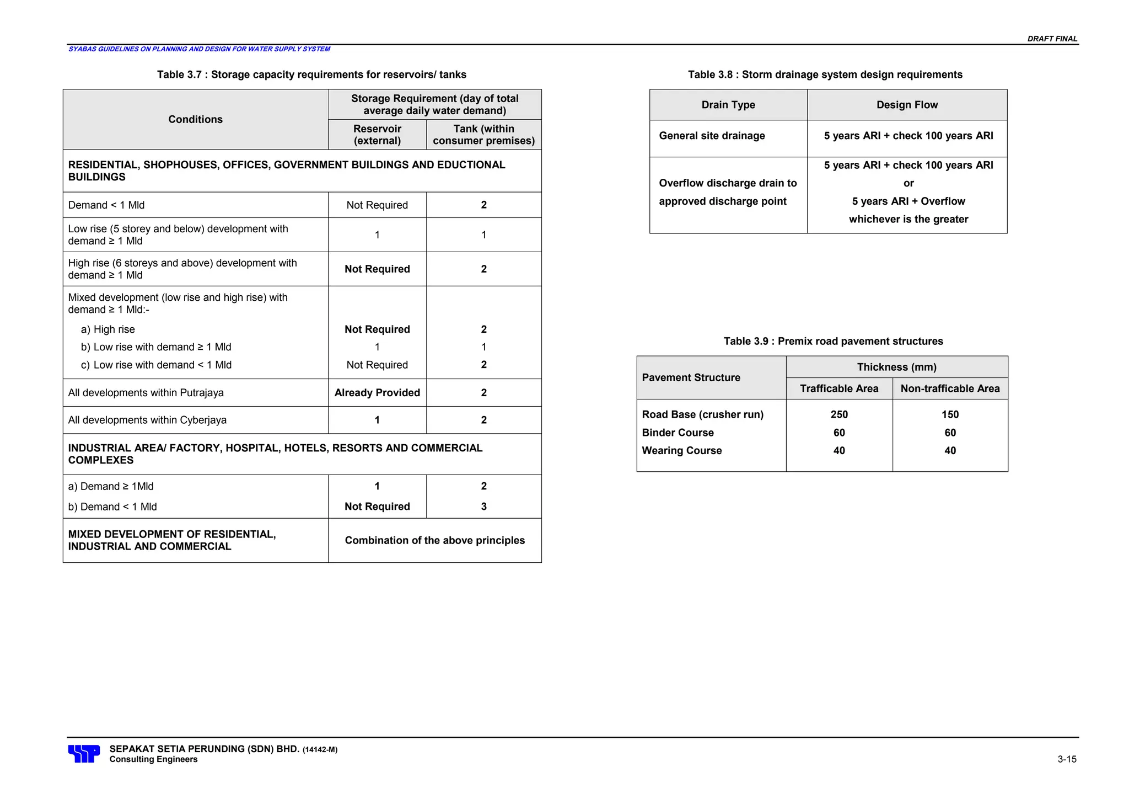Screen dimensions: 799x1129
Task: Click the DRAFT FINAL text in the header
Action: pyautogui.click(x=1052, y=39)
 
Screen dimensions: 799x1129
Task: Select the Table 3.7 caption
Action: pyautogui.click(x=311, y=74)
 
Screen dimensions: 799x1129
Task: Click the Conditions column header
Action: pyautogui.click(x=195, y=119)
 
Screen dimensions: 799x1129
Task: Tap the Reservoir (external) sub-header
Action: pyautogui.click(x=377, y=135)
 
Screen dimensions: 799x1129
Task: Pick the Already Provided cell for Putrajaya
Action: pyautogui.click(x=377, y=392)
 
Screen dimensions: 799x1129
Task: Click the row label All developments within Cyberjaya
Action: pyautogui.click(x=147, y=420)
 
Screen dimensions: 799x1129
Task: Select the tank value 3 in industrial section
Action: pyautogui.click(x=483, y=507)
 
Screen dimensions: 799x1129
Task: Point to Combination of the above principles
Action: pyautogui.click(x=434, y=540)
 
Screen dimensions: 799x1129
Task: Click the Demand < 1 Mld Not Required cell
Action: pyautogui.click(x=377, y=205)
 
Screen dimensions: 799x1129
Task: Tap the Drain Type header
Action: pyautogui.click(x=728, y=105)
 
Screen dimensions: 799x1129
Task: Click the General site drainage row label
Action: pyautogui.click(x=712, y=136)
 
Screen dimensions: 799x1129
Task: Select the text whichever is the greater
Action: pyautogui.click(x=908, y=219)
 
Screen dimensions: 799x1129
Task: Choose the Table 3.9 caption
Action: pyautogui.click(x=833, y=341)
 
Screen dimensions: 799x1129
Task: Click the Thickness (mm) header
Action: pyautogui.click(x=896, y=367)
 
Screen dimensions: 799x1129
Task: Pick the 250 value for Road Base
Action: pyautogui.click(x=839, y=414)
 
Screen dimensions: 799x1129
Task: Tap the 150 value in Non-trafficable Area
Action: pyautogui.click(x=950, y=414)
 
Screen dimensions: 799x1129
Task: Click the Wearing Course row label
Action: pyautogui.click(x=681, y=450)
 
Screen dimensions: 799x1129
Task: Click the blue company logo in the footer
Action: pyautogui.click(x=84, y=753)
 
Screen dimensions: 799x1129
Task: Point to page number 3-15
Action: pyautogui.click(x=1067, y=759)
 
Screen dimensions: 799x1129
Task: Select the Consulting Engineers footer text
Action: pyautogui.click(x=153, y=759)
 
